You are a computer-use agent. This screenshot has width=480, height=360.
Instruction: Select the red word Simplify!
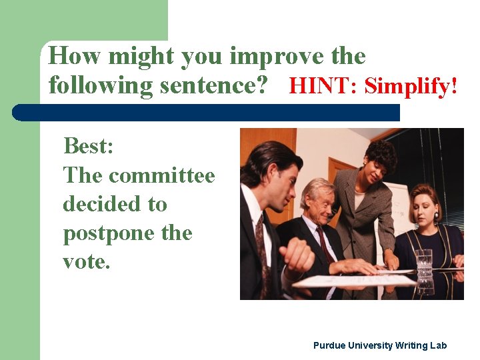coord(411,86)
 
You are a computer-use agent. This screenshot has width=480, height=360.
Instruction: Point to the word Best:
coord(88,145)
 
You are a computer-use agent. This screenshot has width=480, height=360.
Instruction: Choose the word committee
coord(162,175)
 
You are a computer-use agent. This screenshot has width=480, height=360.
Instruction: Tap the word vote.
coord(85,262)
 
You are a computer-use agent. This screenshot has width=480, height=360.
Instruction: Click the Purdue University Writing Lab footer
coord(380,345)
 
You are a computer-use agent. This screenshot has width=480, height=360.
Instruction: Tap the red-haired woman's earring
coord(437,216)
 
